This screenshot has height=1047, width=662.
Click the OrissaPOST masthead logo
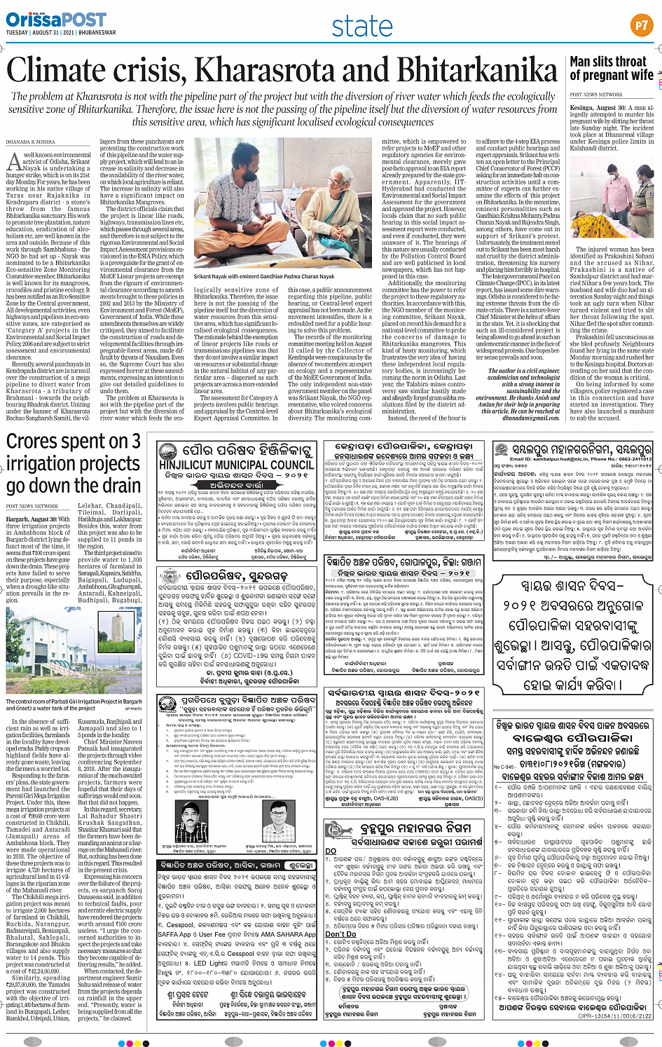[46, 19]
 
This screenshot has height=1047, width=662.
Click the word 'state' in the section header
[361, 27]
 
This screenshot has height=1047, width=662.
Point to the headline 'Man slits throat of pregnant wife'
[611, 68]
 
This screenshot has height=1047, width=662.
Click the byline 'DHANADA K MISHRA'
[30, 142]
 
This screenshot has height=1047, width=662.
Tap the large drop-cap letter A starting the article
[14, 163]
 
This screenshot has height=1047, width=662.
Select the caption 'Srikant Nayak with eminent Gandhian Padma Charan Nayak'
[265, 277]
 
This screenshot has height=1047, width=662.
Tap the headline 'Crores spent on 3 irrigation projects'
[74, 463]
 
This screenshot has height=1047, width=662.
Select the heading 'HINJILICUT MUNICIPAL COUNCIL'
[236, 465]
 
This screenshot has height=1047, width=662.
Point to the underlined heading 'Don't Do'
[340, 933]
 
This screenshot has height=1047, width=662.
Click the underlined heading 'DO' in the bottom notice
[331, 851]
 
